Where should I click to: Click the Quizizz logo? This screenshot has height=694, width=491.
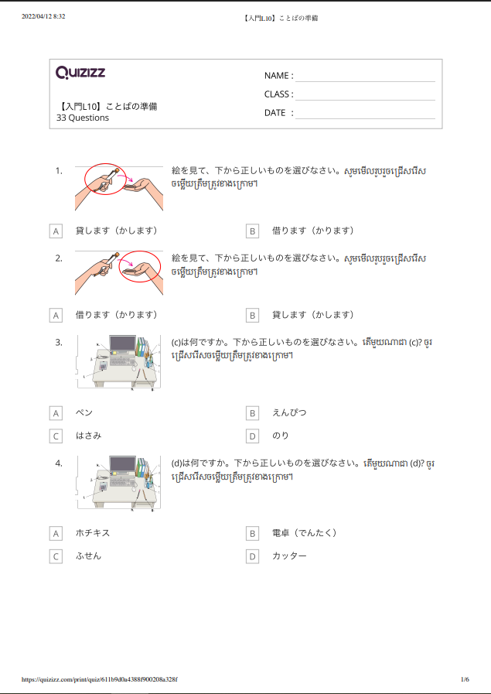80,73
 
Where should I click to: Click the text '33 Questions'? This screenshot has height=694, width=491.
83,118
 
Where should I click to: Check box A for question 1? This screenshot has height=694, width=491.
56,231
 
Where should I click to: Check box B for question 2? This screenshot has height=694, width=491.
252,316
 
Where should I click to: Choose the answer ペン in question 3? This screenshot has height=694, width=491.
84,413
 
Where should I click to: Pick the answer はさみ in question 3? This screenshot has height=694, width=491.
88,436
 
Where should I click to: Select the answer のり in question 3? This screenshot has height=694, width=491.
280,436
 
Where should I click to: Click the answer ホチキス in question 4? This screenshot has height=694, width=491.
93,533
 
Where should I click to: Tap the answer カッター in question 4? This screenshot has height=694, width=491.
289,556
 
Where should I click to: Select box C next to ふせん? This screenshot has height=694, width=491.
56,556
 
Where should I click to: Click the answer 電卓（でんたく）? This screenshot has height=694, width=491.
305,533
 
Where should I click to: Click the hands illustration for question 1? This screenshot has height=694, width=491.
120,186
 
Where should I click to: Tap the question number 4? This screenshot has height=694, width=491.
59,463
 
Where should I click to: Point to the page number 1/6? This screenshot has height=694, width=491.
465,679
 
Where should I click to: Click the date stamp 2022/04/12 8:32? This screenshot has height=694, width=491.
43,16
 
